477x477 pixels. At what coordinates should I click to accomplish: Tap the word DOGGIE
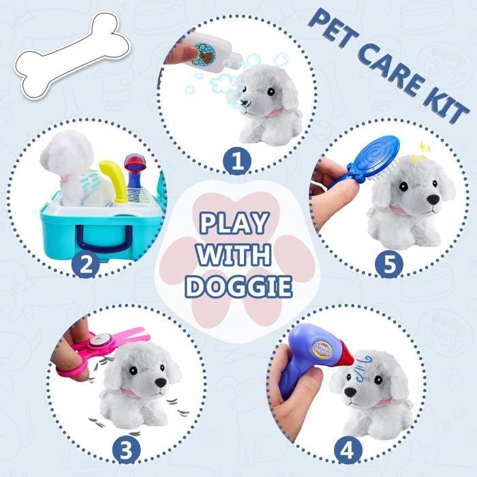pyautogui.click(x=238, y=286)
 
